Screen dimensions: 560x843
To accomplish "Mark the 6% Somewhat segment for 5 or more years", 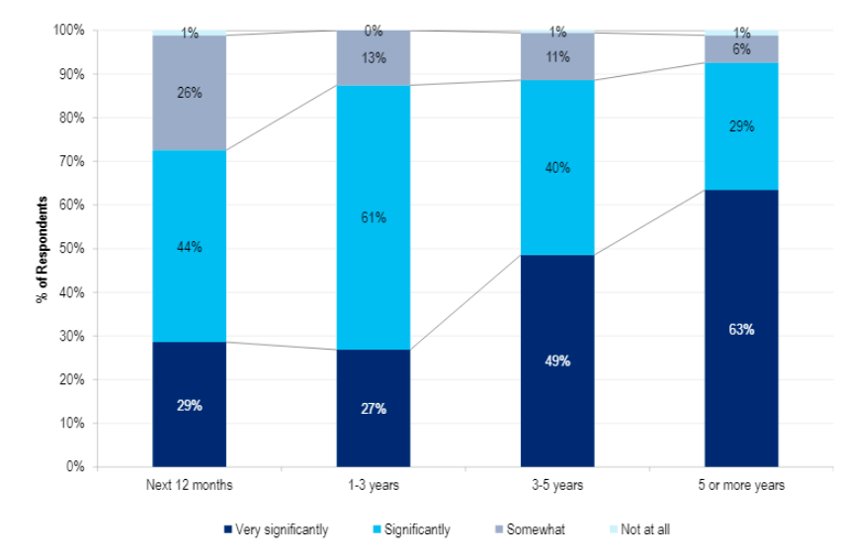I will tap(741, 49).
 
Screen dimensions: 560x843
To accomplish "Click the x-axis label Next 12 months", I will tap(190, 485).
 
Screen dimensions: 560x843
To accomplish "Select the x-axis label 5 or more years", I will tap(741, 485).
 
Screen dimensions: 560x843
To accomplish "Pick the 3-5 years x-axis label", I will tap(557, 485).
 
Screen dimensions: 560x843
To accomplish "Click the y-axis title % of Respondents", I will tap(42, 249).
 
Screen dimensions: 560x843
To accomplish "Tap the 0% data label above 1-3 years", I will tap(374, 31).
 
